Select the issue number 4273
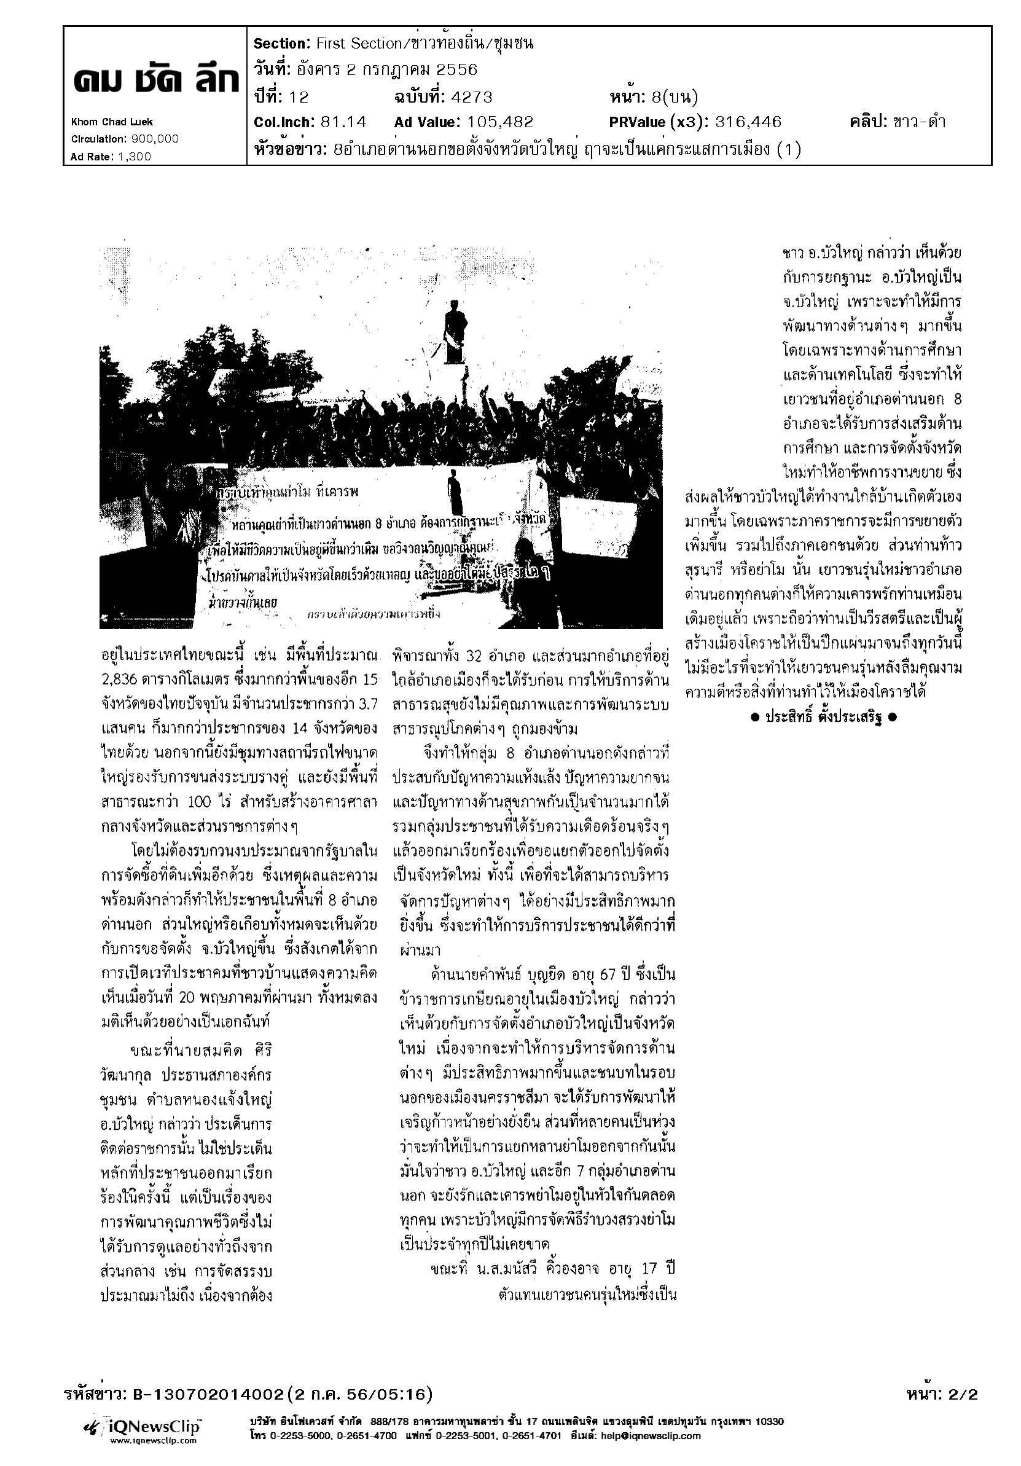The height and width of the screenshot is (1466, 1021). (x=471, y=97)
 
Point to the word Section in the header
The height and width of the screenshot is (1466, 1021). (x=280, y=44)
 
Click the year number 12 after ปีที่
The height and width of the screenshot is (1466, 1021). (x=298, y=97)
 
